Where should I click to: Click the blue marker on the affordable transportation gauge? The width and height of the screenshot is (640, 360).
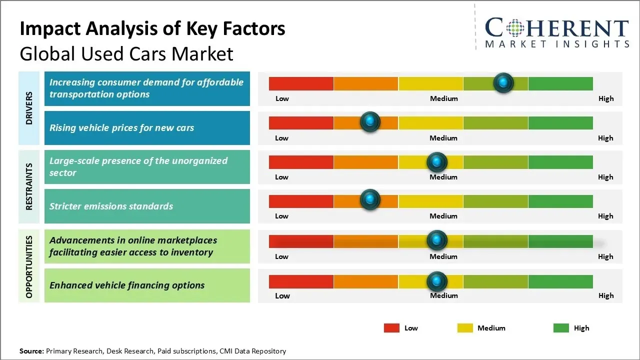click(503, 82)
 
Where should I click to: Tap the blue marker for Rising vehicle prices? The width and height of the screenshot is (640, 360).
click(370, 122)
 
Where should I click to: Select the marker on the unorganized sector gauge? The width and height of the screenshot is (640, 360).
click(437, 162)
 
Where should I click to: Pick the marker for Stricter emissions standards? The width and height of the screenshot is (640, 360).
click(370, 200)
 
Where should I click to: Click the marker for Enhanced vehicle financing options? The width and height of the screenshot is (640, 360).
click(437, 281)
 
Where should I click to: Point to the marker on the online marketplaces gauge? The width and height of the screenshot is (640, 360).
click(437, 240)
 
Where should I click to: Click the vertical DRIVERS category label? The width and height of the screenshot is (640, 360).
click(29, 107)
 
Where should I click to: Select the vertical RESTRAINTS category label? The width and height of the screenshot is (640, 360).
click(29, 186)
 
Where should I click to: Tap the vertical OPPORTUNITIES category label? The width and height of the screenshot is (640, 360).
click(29, 266)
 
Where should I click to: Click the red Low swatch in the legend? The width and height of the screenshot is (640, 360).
click(391, 328)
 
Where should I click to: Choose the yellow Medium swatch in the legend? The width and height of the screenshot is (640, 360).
click(465, 328)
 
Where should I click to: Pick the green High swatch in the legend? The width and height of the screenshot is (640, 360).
click(561, 328)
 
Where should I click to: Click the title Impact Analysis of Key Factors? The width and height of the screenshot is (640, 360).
click(152, 29)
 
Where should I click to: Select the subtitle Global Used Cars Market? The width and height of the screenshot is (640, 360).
click(126, 53)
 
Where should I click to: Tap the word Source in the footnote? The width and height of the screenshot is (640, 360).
click(31, 351)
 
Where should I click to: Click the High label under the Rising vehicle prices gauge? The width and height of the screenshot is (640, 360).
click(605, 138)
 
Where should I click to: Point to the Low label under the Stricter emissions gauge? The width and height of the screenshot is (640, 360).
click(281, 216)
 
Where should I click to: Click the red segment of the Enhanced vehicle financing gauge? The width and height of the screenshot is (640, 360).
click(301, 281)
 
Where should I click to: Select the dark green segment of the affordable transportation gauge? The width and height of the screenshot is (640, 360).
click(560, 83)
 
